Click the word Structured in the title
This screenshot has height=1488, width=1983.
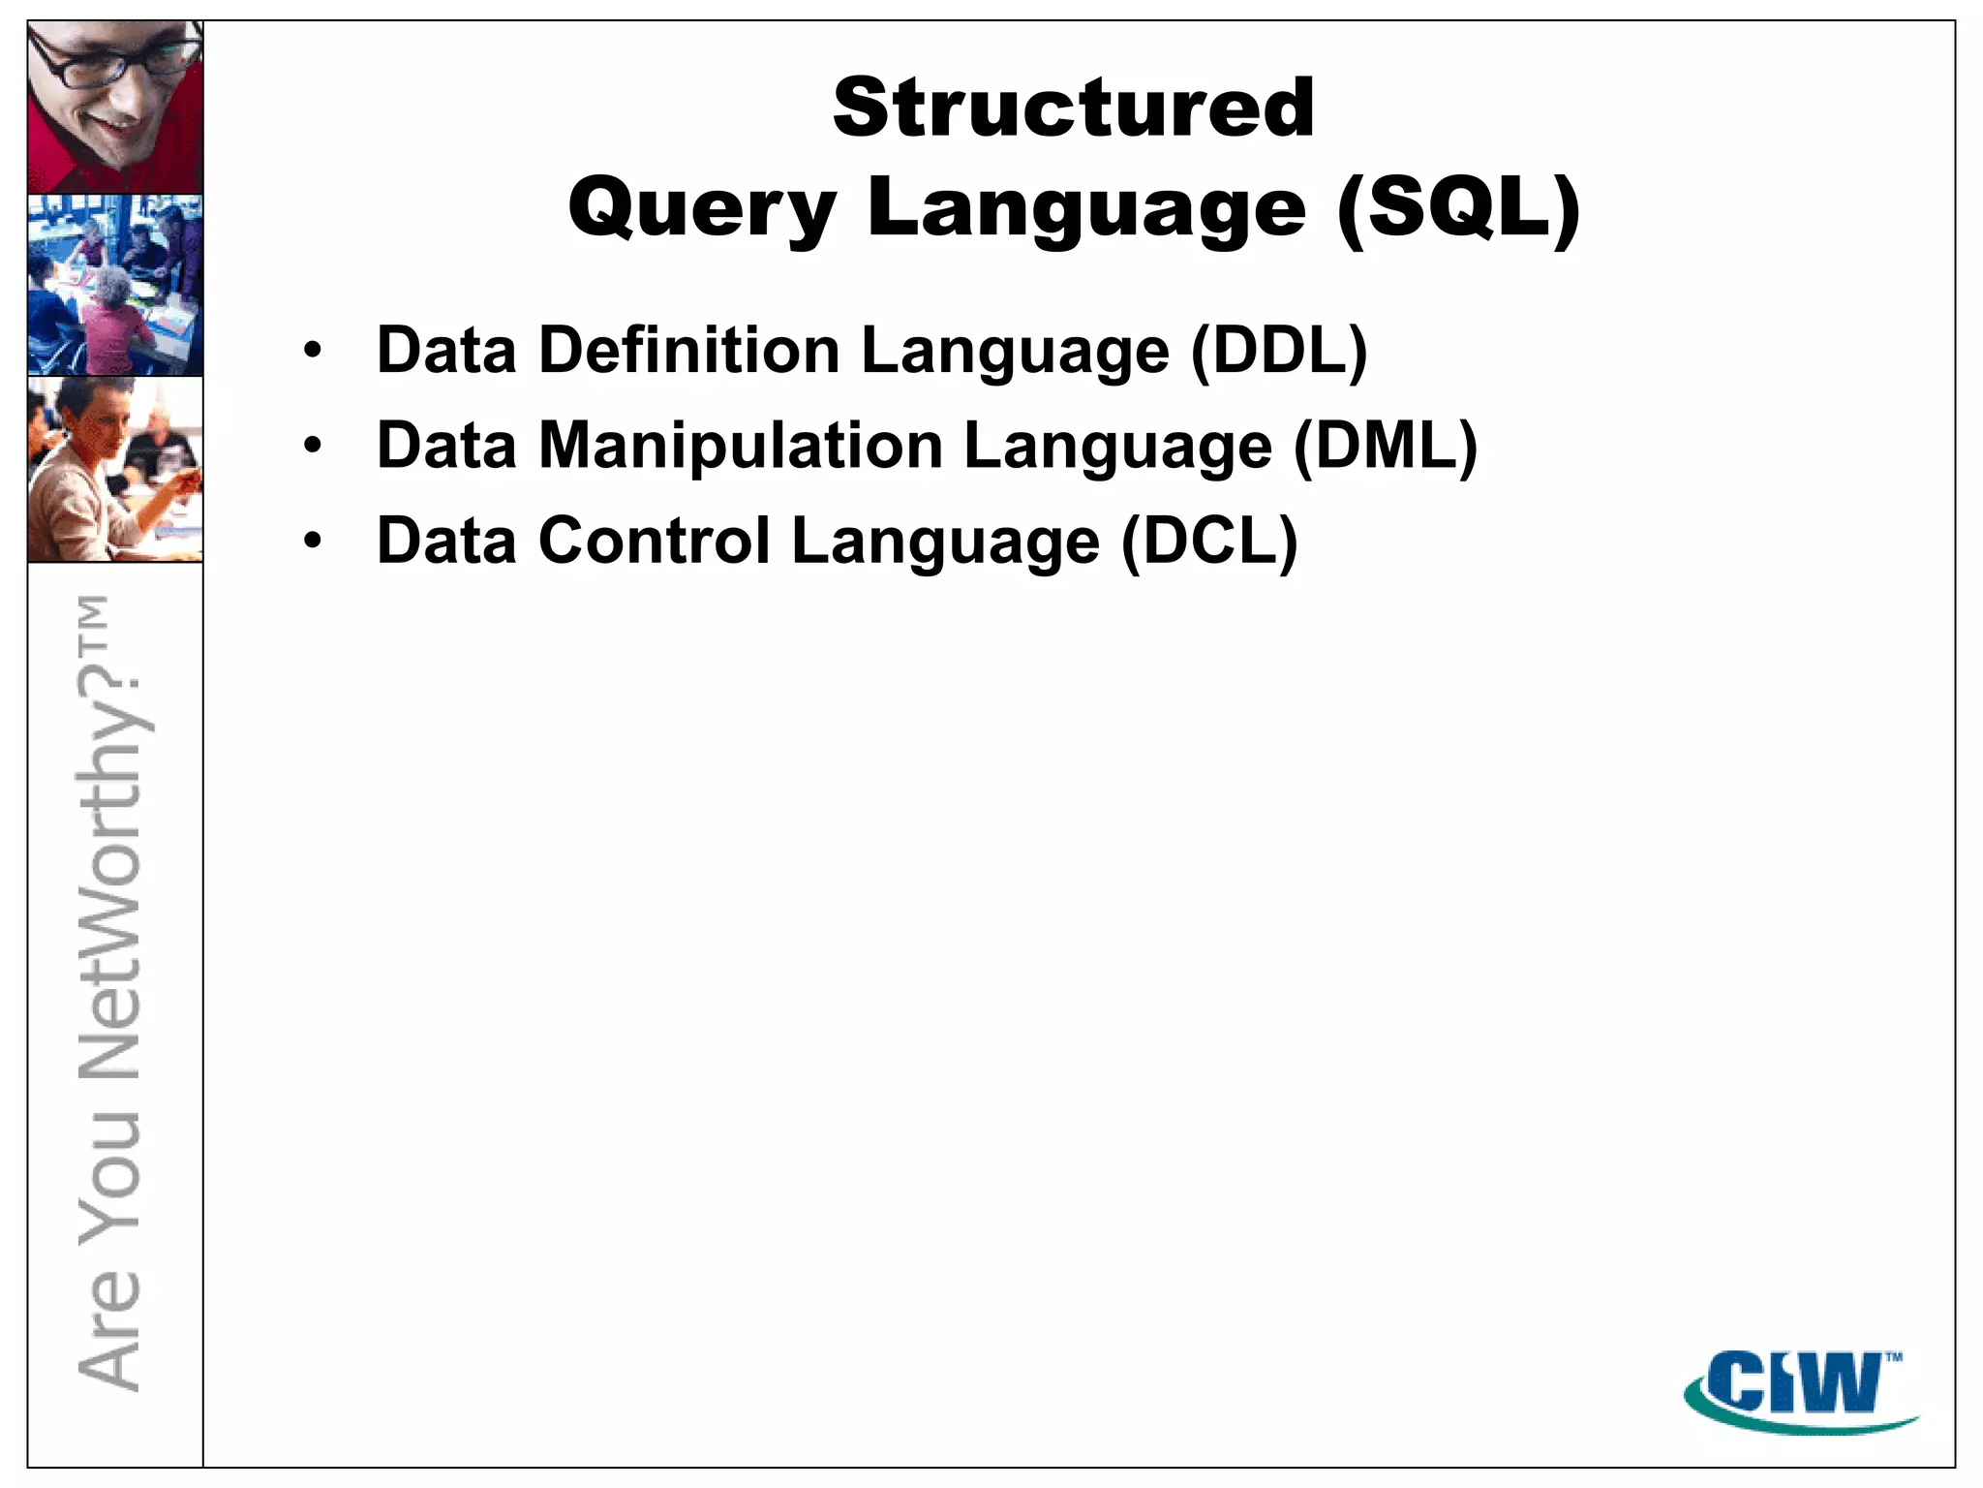(1073, 108)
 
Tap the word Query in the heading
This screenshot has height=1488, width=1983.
(701, 209)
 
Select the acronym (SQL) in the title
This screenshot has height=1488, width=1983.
(1458, 209)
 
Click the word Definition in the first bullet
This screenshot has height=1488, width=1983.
(688, 350)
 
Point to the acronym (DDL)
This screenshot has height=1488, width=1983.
(1279, 350)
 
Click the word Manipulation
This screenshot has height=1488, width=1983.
(740, 446)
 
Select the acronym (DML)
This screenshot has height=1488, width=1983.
(1386, 446)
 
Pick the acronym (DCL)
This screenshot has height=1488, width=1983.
(1209, 541)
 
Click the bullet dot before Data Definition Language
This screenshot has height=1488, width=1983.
(312, 352)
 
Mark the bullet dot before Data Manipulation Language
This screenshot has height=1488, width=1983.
(312, 447)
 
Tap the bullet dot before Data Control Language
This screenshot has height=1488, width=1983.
(312, 542)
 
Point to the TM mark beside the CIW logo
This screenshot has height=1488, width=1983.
(1894, 1357)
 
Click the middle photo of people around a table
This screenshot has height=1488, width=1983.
(115, 285)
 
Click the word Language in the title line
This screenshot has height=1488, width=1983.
(1086, 209)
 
